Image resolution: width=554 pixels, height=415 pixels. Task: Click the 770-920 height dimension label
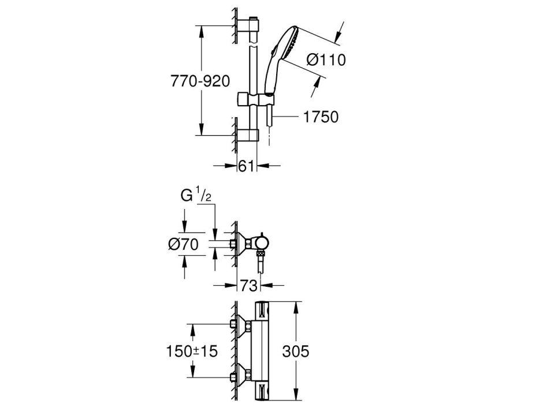(200, 81)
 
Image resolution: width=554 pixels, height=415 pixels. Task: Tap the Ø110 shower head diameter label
(326, 60)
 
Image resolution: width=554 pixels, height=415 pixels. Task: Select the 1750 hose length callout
(321, 117)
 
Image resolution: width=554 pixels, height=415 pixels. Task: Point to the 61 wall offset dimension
(246, 166)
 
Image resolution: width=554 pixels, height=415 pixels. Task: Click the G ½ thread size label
(196, 196)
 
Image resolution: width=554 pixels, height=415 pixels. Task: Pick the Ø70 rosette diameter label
(183, 244)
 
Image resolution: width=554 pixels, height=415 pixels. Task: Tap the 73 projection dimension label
(249, 286)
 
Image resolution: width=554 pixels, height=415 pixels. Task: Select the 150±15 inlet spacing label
(192, 351)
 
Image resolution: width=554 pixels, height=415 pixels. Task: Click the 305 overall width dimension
(296, 351)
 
